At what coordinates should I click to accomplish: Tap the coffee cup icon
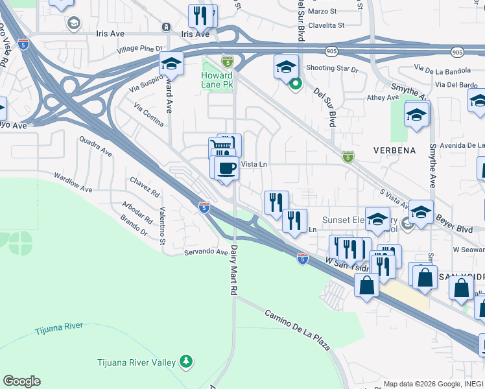coord(226,169)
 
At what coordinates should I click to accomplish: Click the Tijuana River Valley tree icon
coord(186,360)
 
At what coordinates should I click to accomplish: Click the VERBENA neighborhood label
coord(394,150)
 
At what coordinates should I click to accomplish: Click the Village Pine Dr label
coord(139,49)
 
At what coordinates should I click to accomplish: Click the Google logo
coord(21,381)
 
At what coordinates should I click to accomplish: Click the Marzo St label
coord(322,12)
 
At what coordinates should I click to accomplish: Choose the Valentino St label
coord(162,224)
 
